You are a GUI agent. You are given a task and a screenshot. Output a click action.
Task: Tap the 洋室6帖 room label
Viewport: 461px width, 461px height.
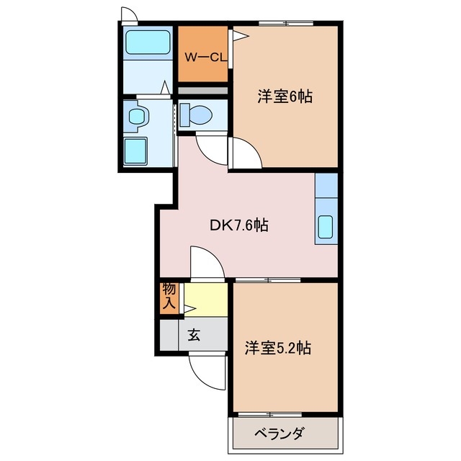point(285,97)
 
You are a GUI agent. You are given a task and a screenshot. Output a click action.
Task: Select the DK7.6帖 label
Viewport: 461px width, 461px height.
point(239,225)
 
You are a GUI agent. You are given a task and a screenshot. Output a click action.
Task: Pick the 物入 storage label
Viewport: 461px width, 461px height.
point(169,297)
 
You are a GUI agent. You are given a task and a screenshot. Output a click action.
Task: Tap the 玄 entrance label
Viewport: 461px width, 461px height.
point(194,335)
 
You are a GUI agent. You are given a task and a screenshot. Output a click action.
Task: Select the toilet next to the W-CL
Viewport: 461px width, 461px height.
point(197,114)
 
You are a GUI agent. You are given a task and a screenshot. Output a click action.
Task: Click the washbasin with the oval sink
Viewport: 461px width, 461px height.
point(136,115)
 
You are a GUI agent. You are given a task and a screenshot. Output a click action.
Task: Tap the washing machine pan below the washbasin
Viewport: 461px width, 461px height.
point(136,151)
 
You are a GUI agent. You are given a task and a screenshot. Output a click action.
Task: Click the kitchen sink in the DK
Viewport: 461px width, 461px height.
point(326,228)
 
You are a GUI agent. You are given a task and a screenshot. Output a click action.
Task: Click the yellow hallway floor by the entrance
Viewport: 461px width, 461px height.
point(205,299)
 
